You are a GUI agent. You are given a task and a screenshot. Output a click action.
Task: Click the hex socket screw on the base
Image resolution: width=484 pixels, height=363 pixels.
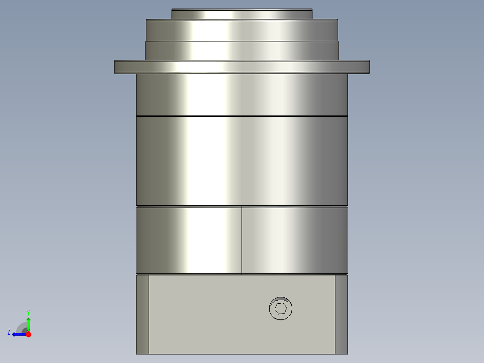tap(281, 309)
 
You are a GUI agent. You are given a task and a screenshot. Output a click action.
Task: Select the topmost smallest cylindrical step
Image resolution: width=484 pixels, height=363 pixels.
tap(242, 14)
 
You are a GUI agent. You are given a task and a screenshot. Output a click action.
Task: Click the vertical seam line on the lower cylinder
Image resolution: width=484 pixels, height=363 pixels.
tap(242, 240)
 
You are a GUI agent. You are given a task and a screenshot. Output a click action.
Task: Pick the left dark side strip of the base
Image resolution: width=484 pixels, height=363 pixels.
tap(142, 314)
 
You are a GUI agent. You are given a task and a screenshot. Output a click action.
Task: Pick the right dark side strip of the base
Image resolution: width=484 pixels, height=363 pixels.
tap(341, 314)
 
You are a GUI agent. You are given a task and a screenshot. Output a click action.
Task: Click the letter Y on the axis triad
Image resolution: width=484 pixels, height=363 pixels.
tap(28, 312)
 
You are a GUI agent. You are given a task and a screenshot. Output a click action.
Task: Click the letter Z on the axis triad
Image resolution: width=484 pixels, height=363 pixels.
tap(9, 332)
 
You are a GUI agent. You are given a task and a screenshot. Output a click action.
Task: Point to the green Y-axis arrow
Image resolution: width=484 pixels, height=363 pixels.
tap(28, 323)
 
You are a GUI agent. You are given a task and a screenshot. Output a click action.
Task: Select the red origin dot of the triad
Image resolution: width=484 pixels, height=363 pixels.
tap(28, 334)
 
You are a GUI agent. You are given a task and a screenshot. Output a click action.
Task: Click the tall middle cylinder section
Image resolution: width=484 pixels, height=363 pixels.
tap(242, 161)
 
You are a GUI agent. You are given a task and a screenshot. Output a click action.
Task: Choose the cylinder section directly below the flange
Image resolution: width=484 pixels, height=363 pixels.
tap(242, 94)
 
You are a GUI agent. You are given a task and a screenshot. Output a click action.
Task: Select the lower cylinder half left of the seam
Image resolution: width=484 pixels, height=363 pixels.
tap(189, 240)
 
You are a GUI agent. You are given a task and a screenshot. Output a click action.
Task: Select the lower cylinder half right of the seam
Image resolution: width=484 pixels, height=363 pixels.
tap(295, 240)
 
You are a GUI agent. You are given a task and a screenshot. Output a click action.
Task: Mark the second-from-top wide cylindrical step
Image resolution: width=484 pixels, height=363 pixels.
tap(242, 30)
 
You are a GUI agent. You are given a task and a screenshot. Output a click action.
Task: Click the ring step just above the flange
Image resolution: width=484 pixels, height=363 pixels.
tap(242, 50)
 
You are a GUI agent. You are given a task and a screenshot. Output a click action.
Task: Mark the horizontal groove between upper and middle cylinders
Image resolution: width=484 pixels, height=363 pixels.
tap(242, 116)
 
